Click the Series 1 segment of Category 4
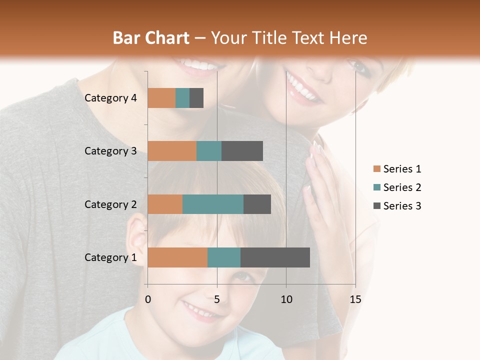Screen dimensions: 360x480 click(x=161, y=98)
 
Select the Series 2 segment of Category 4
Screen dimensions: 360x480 click(x=182, y=98)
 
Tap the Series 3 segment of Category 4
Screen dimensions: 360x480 click(x=196, y=98)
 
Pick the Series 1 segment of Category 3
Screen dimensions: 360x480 click(x=172, y=151)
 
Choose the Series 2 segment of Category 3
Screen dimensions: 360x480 click(x=209, y=151)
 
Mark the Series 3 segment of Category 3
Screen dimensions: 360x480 click(x=242, y=151)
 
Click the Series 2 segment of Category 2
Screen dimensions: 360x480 click(x=213, y=204)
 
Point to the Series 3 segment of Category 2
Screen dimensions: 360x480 click(x=257, y=204)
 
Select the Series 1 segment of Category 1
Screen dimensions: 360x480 click(x=177, y=257)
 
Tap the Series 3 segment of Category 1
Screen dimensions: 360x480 click(x=275, y=257)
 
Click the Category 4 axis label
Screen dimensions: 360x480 click(x=110, y=98)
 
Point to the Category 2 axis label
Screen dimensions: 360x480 click(x=110, y=204)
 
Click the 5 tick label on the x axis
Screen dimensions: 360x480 click(x=217, y=299)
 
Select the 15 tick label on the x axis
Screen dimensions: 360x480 click(x=355, y=299)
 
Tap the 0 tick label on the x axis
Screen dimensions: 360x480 click(x=148, y=299)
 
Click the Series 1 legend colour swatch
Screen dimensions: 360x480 click(x=376, y=169)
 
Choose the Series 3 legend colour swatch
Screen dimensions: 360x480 click(x=376, y=206)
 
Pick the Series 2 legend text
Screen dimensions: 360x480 click(x=402, y=187)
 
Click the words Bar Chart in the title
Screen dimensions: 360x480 click(x=150, y=38)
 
